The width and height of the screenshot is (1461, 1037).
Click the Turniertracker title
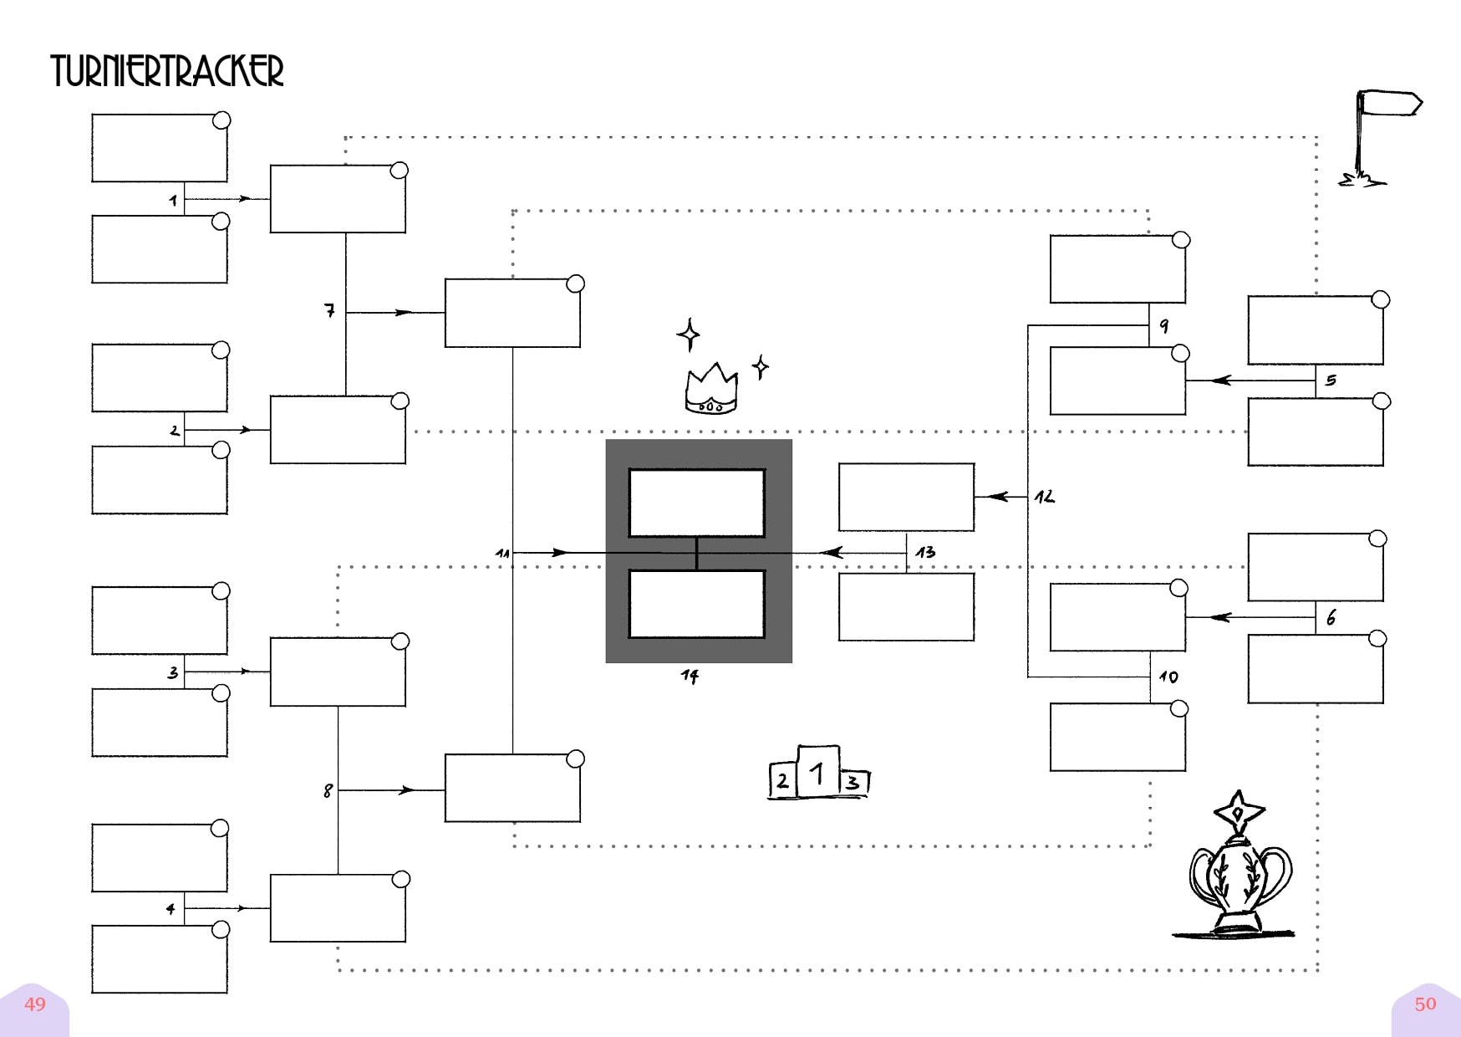click(x=167, y=71)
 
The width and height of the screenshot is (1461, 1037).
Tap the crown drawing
click(x=711, y=390)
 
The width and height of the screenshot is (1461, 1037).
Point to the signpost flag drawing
click(x=1379, y=138)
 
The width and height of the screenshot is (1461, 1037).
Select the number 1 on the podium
click(x=818, y=773)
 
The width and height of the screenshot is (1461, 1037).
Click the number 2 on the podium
click(x=782, y=781)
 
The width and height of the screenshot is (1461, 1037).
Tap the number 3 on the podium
click(x=852, y=783)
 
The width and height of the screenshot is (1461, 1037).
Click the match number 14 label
click(x=690, y=676)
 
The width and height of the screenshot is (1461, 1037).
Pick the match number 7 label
click(x=329, y=310)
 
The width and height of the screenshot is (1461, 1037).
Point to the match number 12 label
click(x=1044, y=497)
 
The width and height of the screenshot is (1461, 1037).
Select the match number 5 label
click(x=1331, y=381)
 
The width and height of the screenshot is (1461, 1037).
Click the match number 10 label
click(x=1168, y=677)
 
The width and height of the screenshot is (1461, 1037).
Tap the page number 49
click(x=35, y=1004)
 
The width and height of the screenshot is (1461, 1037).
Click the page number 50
click(x=1425, y=1004)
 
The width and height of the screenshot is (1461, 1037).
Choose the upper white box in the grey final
click(x=697, y=503)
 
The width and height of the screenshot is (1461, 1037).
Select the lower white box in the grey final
click(x=697, y=604)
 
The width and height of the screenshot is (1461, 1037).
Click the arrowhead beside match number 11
click(x=559, y=553)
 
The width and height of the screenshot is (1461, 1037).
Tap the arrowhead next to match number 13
click(x=832, y=553)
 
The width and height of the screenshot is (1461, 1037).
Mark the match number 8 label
click(x=328, y=790)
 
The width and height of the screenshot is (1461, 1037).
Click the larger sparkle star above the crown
click(x=689, y=335)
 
